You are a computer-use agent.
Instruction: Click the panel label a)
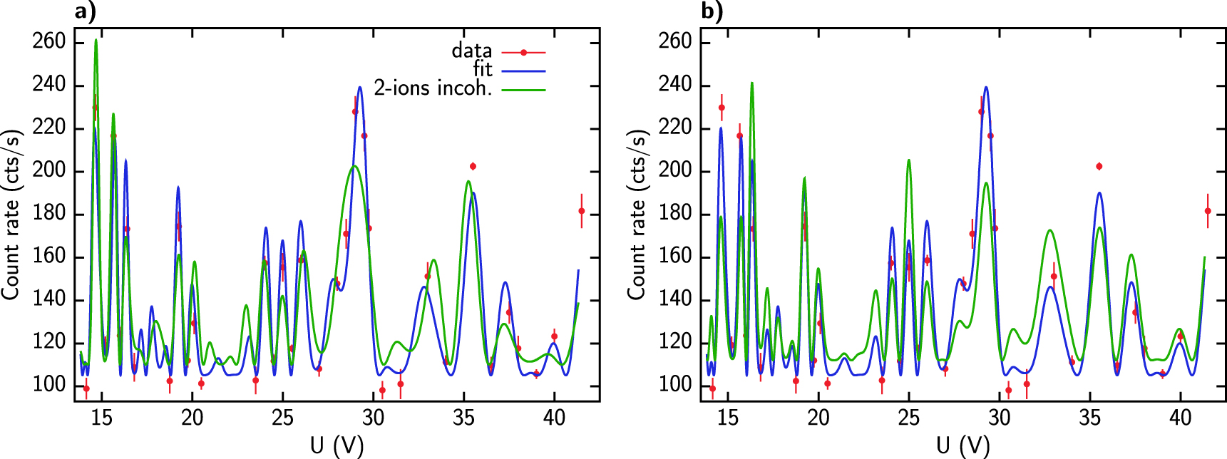pos(85,11)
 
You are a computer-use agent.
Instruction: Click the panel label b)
pos(712,11)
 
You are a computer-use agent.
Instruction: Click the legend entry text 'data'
pos(471,51)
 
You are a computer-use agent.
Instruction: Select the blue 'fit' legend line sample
pos(523,71)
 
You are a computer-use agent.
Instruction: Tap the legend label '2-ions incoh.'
pos(433,88)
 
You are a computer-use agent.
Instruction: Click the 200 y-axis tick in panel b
pos(675,170)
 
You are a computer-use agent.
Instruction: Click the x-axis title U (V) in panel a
pos(337,445)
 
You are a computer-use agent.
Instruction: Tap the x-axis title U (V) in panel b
pos(963,445)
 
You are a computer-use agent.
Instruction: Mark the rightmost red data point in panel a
pos(582,211)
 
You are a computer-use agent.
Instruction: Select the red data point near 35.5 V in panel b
pos(1099,166)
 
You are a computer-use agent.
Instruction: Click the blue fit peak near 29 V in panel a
pos(360,88)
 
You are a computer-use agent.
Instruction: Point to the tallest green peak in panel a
pos(96,41)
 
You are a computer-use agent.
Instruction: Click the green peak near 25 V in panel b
pos(908,160)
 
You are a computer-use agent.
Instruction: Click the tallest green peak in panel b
pos(751,83)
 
